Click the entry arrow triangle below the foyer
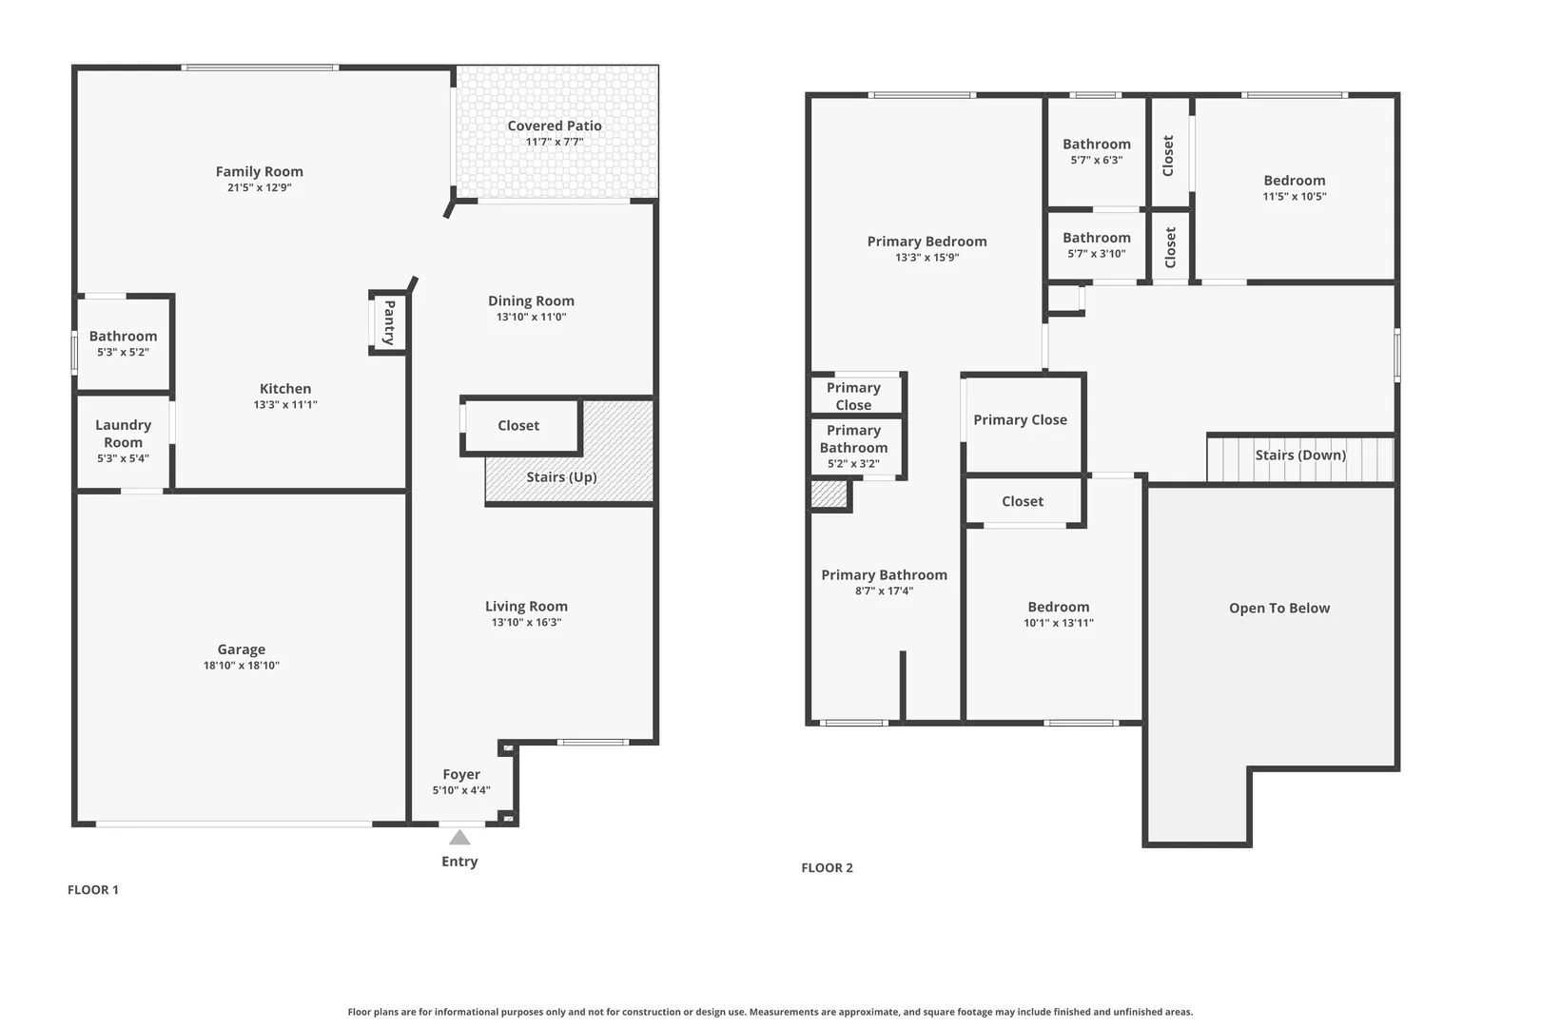459,837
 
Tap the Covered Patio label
555,126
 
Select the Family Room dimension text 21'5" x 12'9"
260,187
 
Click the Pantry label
389,322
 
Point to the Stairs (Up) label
561,477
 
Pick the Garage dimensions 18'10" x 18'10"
242,666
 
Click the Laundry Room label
123,434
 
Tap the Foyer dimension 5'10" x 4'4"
461,790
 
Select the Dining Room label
531,300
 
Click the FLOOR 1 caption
93,889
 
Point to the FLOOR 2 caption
827,867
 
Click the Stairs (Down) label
1300,455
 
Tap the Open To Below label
1279,608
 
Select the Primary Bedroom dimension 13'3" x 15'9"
927,258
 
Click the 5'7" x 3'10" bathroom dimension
1097,254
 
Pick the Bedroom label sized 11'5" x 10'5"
1294,181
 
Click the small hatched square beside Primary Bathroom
829,494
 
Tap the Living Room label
526,606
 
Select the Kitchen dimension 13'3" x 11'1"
285,404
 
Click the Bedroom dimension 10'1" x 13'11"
1059,623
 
